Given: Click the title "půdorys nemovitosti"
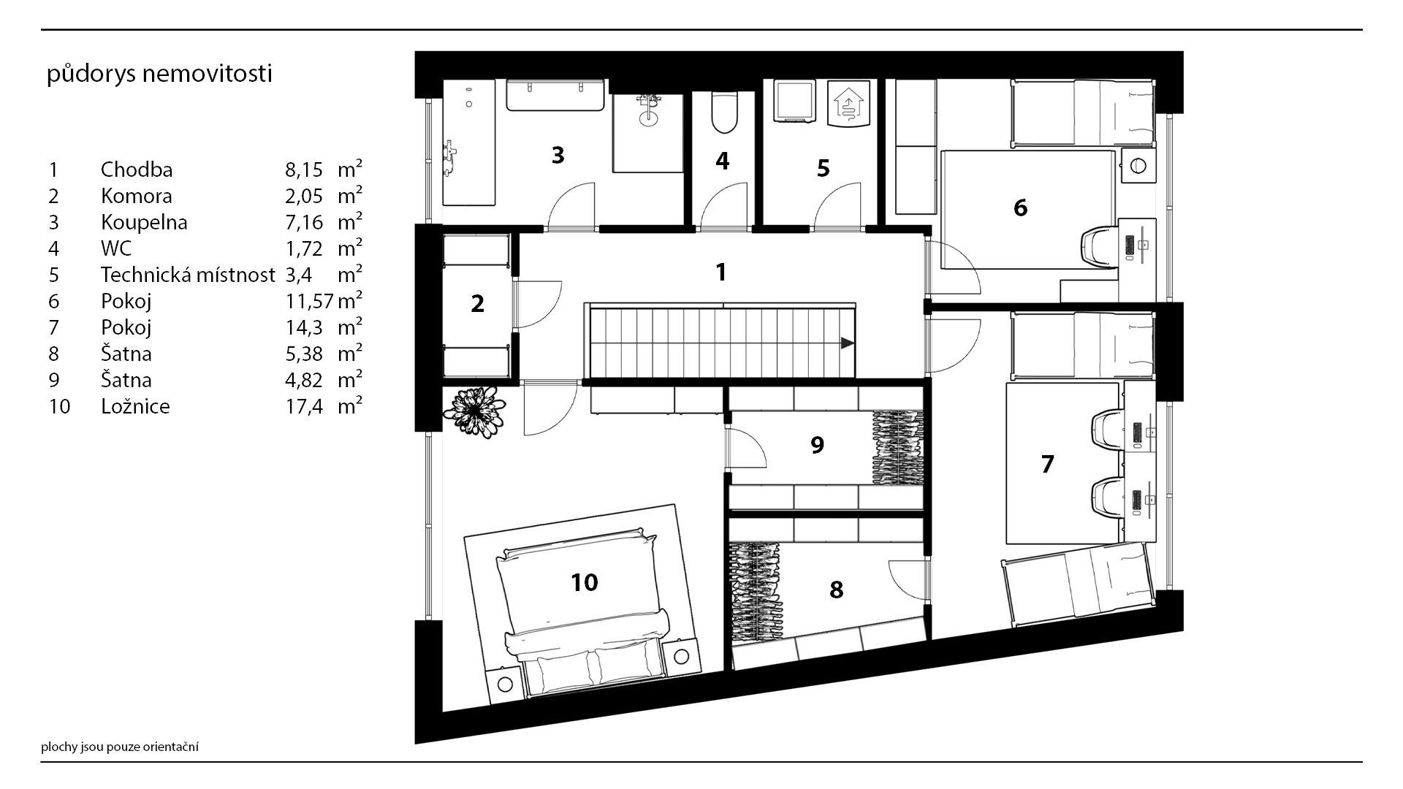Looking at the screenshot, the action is (159, 75).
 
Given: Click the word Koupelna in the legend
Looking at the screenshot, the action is (144, 222).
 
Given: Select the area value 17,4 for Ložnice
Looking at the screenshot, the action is (303, 406).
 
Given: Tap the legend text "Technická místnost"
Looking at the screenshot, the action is (188, 275).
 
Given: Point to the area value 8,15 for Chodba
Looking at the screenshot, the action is (303, 169).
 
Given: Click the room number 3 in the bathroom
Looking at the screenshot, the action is (558, 155).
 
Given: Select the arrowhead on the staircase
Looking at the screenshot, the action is (847, 343).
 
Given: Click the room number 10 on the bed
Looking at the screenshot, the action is (585, 582).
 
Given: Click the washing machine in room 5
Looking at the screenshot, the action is (794, 101).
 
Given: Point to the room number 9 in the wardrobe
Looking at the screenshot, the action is (817, 444).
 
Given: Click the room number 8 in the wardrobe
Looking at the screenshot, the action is (836, 589).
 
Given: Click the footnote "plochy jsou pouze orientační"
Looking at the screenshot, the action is (120, 747).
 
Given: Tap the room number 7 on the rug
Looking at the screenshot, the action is (1047, 464).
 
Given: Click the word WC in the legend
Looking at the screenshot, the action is (116, 248).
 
